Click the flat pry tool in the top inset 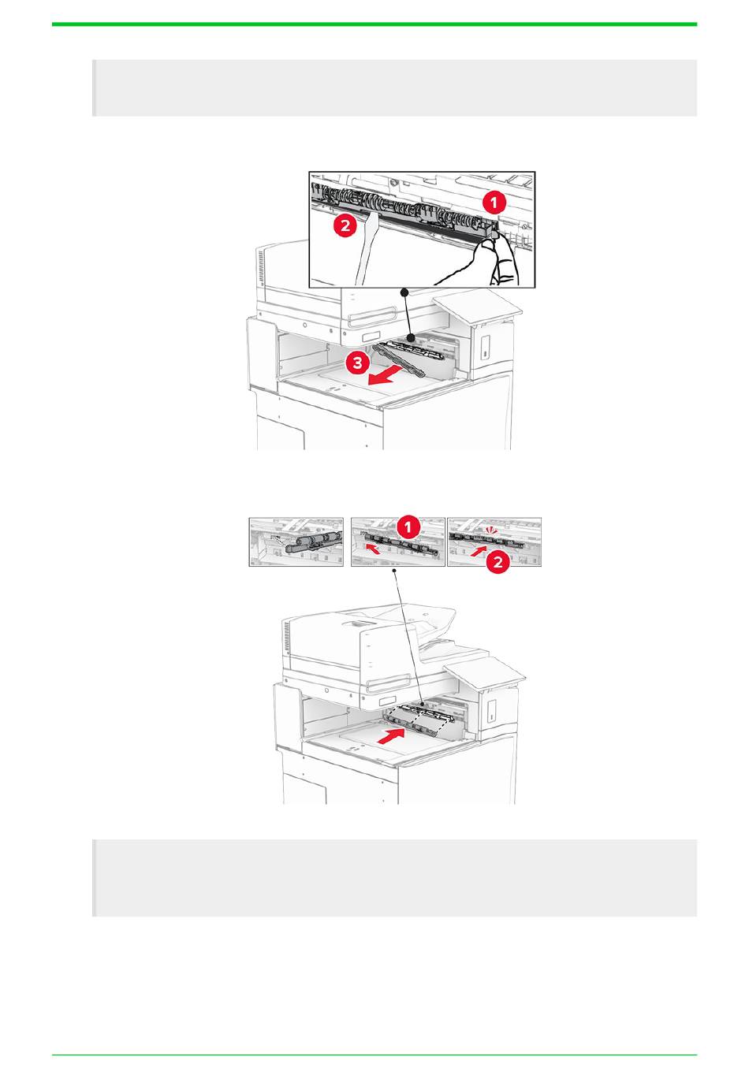pyautogui.click(x=366, y=250)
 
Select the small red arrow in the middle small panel pyautogui.click(x=373, y=549)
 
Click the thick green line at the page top pyautogui.click(x=374, y=24)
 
